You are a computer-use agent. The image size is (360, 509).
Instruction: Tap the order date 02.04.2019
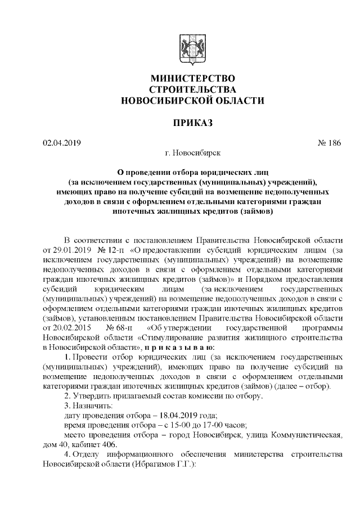[62, 142]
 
